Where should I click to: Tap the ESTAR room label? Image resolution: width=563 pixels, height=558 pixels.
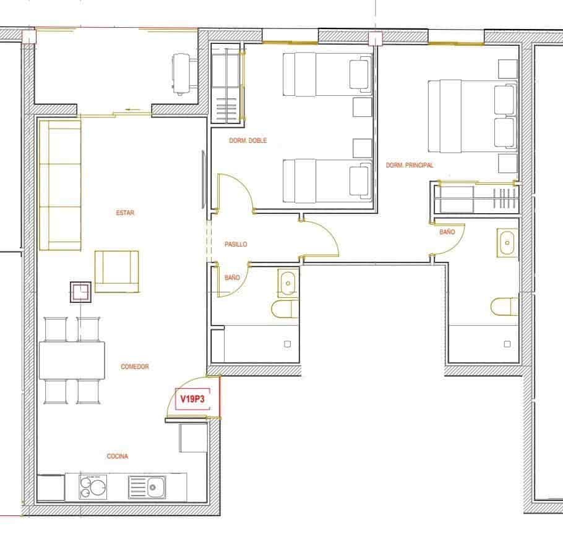[125, 213]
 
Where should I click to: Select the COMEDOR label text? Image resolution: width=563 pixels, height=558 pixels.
[135, 367]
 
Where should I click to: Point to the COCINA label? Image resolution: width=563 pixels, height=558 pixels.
[118, 457]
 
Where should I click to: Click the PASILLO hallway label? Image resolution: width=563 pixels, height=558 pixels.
[236, 245]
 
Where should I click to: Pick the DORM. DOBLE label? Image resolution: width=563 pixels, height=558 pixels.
[248, 141]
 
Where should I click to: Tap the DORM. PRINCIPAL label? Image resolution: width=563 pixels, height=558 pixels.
[410, 166]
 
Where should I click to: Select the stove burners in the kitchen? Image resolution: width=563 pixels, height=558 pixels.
[93, 487]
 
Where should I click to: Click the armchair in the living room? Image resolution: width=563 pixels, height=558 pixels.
[116, 271]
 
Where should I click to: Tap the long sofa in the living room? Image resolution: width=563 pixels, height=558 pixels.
[60, 185]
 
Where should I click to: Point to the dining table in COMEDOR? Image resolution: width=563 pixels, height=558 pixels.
[72, 360]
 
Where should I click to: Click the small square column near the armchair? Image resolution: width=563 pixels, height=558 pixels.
[81, 292]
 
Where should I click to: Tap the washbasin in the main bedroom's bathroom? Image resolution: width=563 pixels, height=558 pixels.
[507, 243]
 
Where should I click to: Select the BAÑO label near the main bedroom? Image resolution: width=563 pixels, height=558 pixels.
[447, 232]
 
